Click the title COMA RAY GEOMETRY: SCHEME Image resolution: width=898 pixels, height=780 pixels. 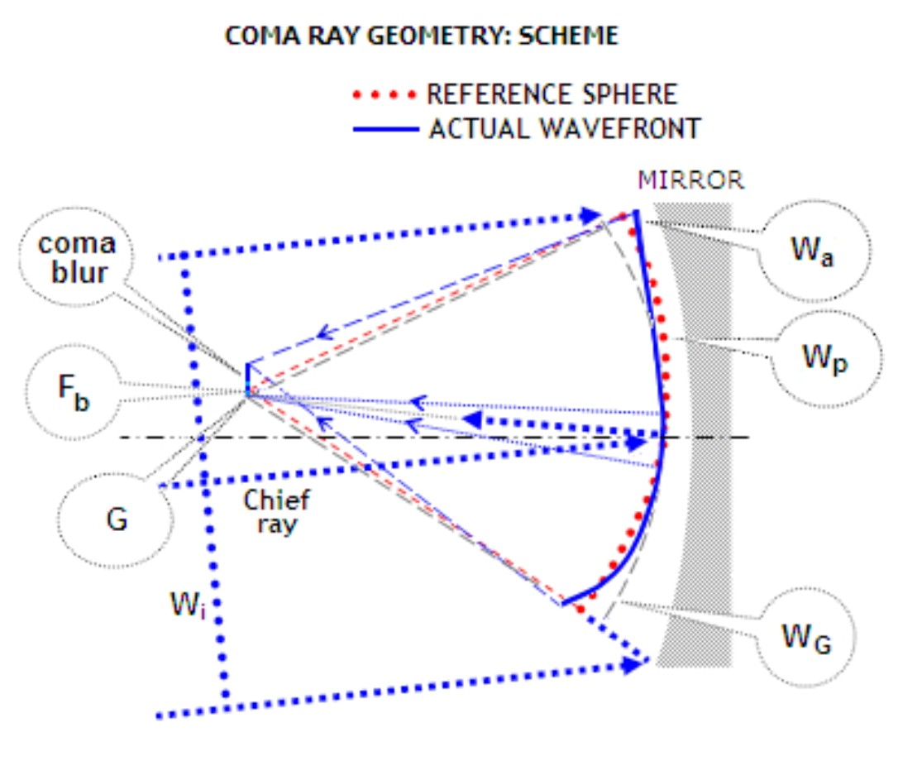[x=421, y=37]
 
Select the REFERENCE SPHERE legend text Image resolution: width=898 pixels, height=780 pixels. [x=552, y=93]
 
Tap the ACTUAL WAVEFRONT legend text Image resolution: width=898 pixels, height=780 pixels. [x=565, y=128]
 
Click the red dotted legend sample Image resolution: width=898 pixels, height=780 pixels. [x=385, y=94]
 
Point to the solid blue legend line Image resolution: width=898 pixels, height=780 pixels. [x=385, y=129]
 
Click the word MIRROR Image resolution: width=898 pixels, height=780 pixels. [x=691, y=180]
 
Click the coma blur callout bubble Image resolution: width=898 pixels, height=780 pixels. [x=77, y=259]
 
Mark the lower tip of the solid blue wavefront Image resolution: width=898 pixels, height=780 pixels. [x=563, y=603]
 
